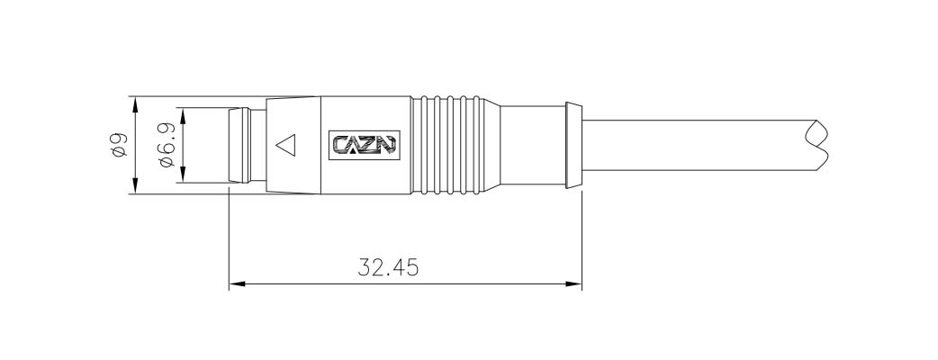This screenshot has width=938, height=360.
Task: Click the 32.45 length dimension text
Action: pos(388,267)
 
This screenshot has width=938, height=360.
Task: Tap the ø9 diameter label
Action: pos(119,145)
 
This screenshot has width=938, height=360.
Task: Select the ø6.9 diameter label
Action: pos(167,145)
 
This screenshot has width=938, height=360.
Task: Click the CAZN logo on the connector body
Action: pos(365,145)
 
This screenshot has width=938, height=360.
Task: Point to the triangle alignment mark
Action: pos(286,145)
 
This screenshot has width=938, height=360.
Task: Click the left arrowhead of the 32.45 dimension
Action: pos(238,284)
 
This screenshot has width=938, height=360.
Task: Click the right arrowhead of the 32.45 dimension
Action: pos(573,284)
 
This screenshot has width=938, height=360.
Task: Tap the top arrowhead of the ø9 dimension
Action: pos(136,105)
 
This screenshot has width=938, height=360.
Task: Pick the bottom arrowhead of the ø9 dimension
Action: pos(136,184)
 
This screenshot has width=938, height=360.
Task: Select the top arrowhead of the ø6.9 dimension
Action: pos(183,116)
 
